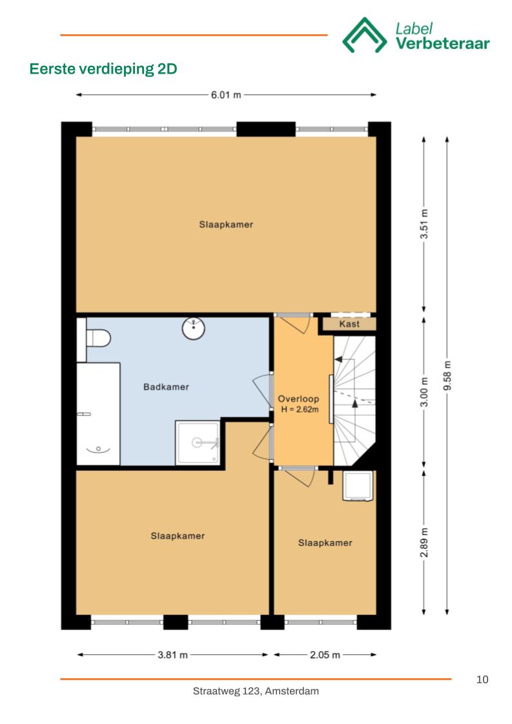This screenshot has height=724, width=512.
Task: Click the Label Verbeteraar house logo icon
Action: pyautogui.click(x=364, y=36)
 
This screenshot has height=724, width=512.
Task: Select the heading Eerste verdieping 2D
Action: pyautogui.click(x=103, y=69)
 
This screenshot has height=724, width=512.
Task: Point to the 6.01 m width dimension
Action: pyautogui.click(x=226, y=95)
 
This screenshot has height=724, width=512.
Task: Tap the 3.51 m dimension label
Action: pyautogui.click(x=424, y=224)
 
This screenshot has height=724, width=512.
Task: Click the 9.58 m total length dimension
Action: pyautogui.click(x=447, y=376)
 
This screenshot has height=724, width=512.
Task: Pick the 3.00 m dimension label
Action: pyautogui.click(x=424, y=392)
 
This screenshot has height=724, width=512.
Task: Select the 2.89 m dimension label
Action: pyautogui.click(x=424, y=542)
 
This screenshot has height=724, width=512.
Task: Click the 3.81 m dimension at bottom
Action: pyautogui.click(x=172, y=655)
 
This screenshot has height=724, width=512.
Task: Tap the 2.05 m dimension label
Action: pyautogui.click(x=325, y=655)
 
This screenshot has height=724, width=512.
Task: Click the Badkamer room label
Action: pyautogui.click(x=166, y=387)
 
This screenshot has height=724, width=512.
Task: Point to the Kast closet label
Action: pyautogui.click(x=349, y=324)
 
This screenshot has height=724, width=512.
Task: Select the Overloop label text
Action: pyautogui.click(x=298, y=399)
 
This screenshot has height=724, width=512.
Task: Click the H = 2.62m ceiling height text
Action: pyautogui.click(x=300, y=409)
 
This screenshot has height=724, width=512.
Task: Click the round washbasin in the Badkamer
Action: pyautogui.click(x=194, y=328)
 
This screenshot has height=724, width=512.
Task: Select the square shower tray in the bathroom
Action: pyautogui.click(x=198, y=443)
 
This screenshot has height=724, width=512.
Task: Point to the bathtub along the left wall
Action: pyautogui.click(x=98, y=414)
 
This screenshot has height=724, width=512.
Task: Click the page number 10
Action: pyautogui.click(x=482, y=679)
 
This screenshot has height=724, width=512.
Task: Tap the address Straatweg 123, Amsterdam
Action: pyautogui.click(x=256, y=691)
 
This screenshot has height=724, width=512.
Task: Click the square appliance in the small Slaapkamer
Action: pyautogui.click(x=358, y=486)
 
